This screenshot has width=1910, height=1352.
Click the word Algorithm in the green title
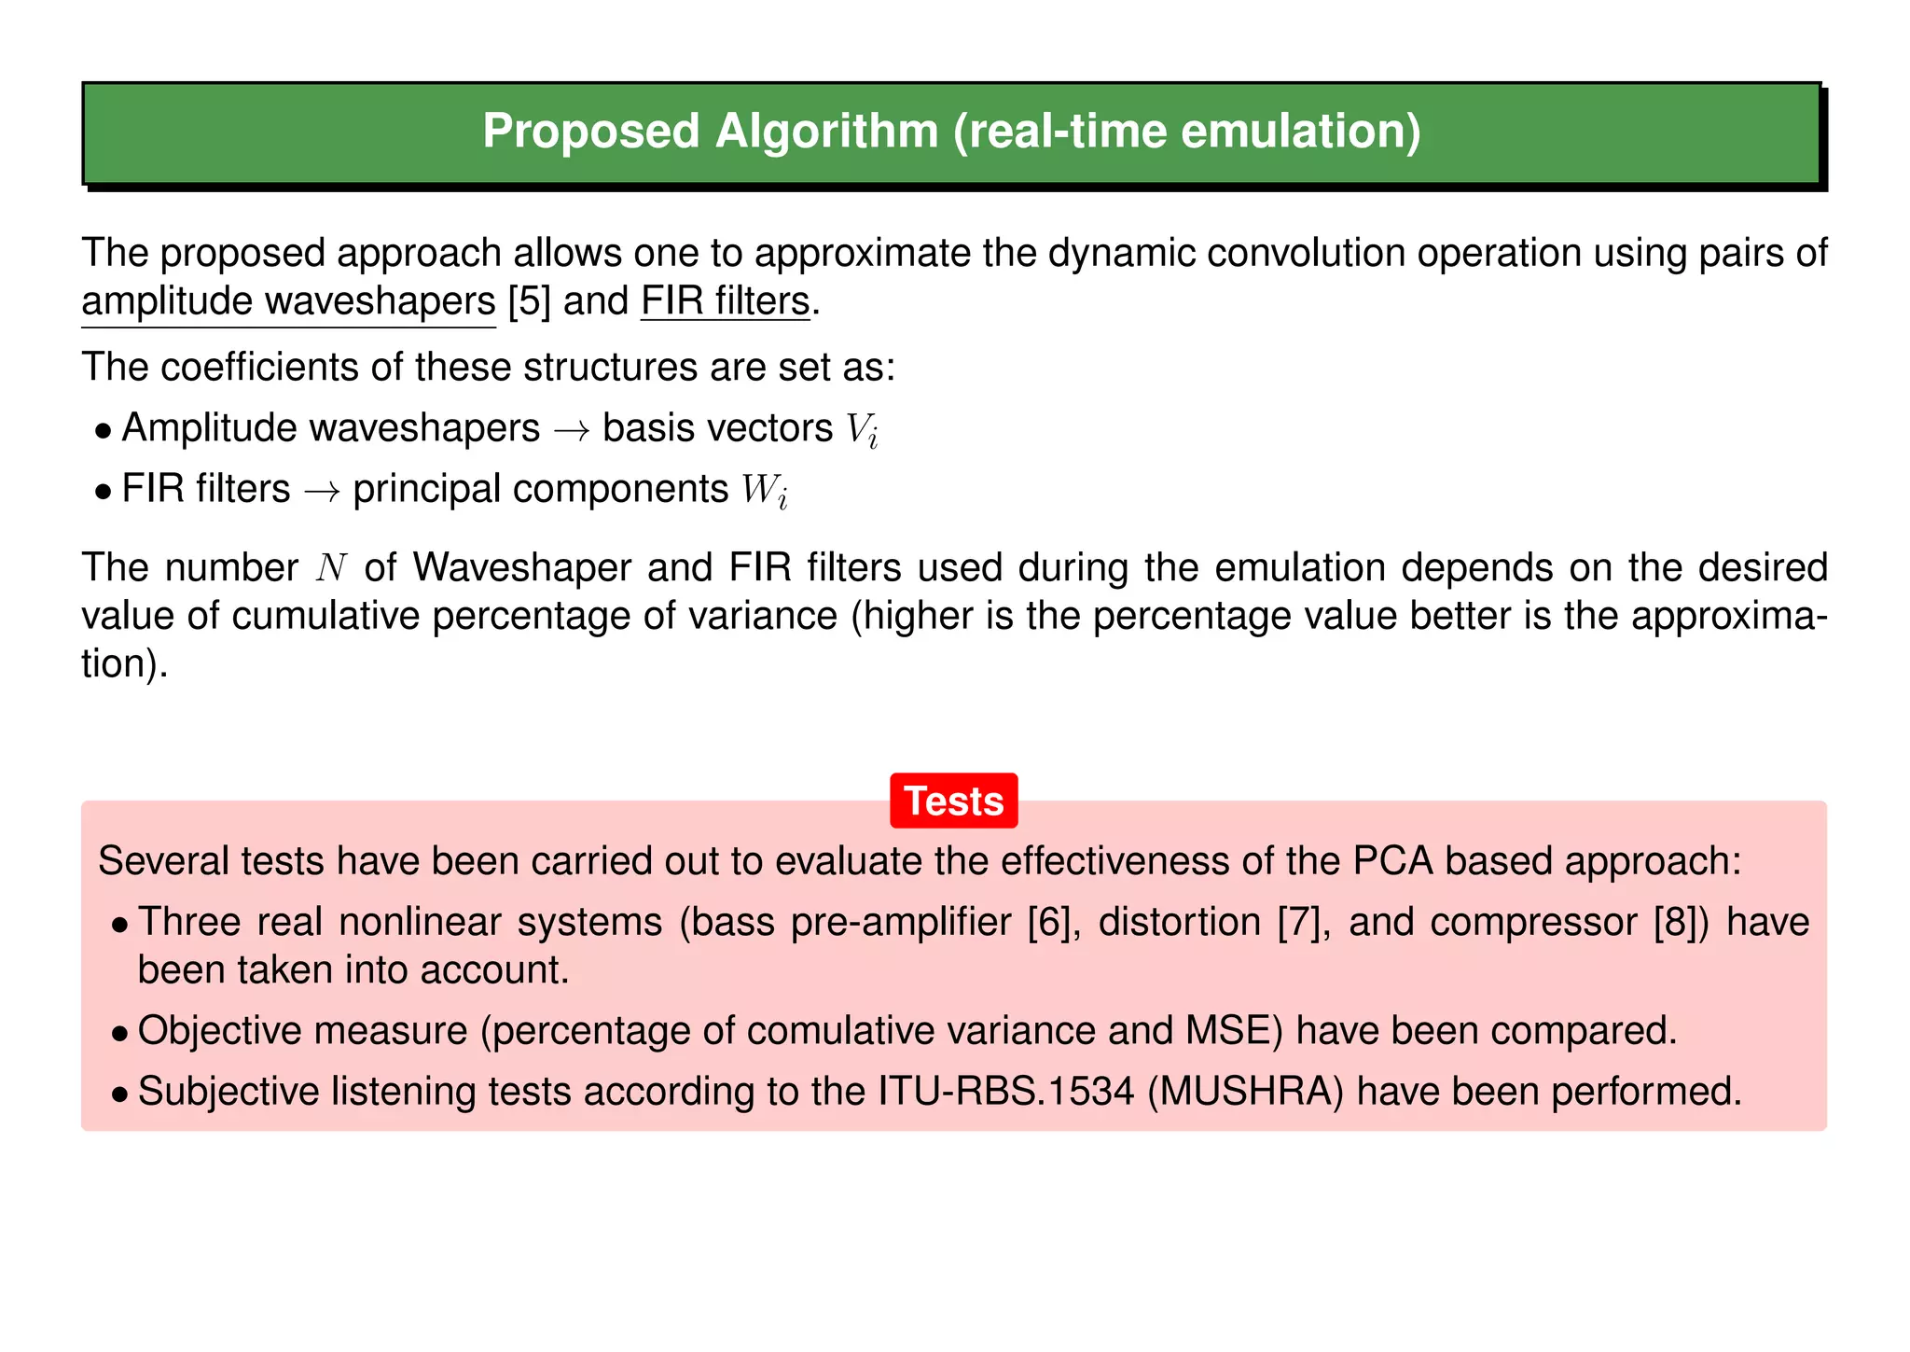pyautogui.click(x=826, y=132)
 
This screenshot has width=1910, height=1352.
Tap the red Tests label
pyautogui.click(x=953, y=801)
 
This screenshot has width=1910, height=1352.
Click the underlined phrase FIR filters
pyautogui.click(x=726, y=301)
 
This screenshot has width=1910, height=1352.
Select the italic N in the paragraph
pyautogui.click(x=331, y=568)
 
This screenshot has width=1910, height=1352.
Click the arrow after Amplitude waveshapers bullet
pyautogui.click(x=571, y=430)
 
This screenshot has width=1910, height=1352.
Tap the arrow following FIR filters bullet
pyautogui.click(x=322, y=491)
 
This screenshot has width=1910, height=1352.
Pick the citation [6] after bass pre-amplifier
pyautogui.click(x=1049, y=923)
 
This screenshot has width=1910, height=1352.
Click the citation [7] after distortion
pyautogui.click(x=1298, y=923)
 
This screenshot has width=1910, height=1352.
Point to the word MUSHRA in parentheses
pyautogui.click(x=1245, y=1092)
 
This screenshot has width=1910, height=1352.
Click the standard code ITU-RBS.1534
pyautogui.click(x=1006, y=1092)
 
